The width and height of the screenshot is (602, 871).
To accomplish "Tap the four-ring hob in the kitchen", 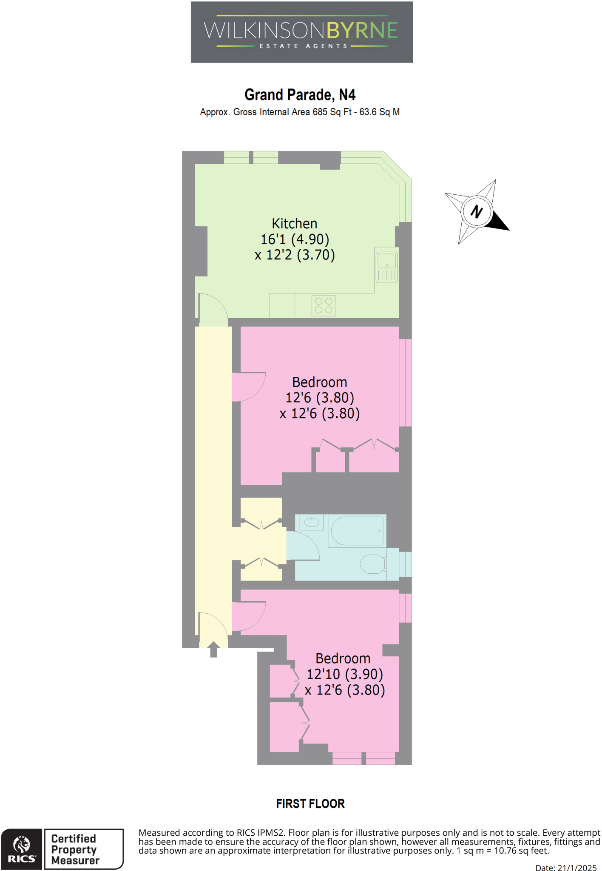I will click(x=324, y=305).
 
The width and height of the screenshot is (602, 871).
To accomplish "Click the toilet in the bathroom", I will click(x=373, y=564).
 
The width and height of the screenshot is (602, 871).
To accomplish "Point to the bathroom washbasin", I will click(x=312, y=521).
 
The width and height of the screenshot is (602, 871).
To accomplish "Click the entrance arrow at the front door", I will click(x=213, y=649).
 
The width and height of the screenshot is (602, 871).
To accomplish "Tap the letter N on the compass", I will click(x=477, y=211).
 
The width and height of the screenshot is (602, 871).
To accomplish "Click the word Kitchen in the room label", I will click(x=294, y=224).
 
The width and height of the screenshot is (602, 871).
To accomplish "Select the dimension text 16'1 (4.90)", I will click(x=295, y=239).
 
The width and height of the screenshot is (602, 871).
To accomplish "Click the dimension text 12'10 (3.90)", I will click(x=345, y=674).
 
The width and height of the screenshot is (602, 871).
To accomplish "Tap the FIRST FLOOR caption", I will click(x=310, y=804).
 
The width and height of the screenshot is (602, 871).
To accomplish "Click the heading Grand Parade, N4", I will click(x=300, y=95).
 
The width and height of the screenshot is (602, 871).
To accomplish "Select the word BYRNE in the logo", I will click(x=362, y=30).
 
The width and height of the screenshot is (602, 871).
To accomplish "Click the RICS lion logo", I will click(x=22, y=845).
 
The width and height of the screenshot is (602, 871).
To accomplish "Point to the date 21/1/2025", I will click(x=578, y=868).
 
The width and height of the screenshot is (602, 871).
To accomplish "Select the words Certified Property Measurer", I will click(x=75, y=849).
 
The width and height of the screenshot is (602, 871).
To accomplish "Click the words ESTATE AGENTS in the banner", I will click(x=303, y=46).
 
